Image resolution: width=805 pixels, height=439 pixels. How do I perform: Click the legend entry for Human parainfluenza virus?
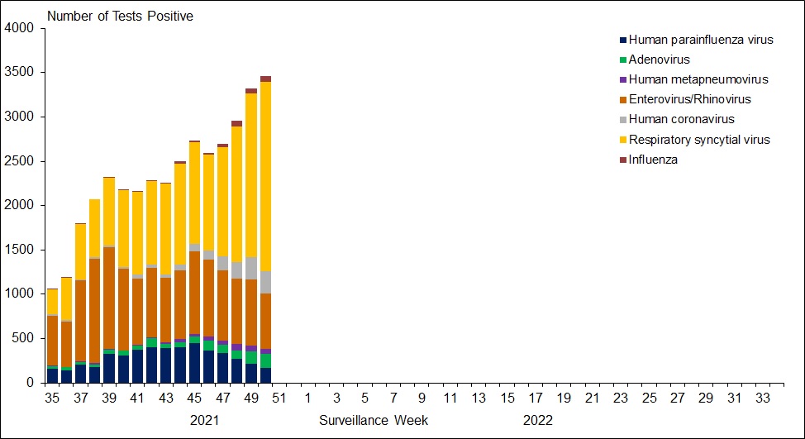[x=701, y=40]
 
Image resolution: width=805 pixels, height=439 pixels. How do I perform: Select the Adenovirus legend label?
[x=659, y=60]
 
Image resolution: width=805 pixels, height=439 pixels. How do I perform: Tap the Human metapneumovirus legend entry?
[x=698, y=79]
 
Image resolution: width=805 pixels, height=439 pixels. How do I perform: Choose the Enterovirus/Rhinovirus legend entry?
[x=689, y=99]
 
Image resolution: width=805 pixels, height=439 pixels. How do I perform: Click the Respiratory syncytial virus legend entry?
[x=699, y=140]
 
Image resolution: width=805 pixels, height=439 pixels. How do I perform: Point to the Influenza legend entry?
[x=653, y=160]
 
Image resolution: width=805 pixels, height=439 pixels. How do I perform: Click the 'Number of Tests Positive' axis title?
[x=121, y=16]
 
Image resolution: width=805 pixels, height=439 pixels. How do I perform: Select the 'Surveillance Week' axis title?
[x=374, y=420]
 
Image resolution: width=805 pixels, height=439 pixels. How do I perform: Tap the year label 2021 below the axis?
[x=205, y=420]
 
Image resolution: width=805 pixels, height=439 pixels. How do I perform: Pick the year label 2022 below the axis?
[x=537, y=420]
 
